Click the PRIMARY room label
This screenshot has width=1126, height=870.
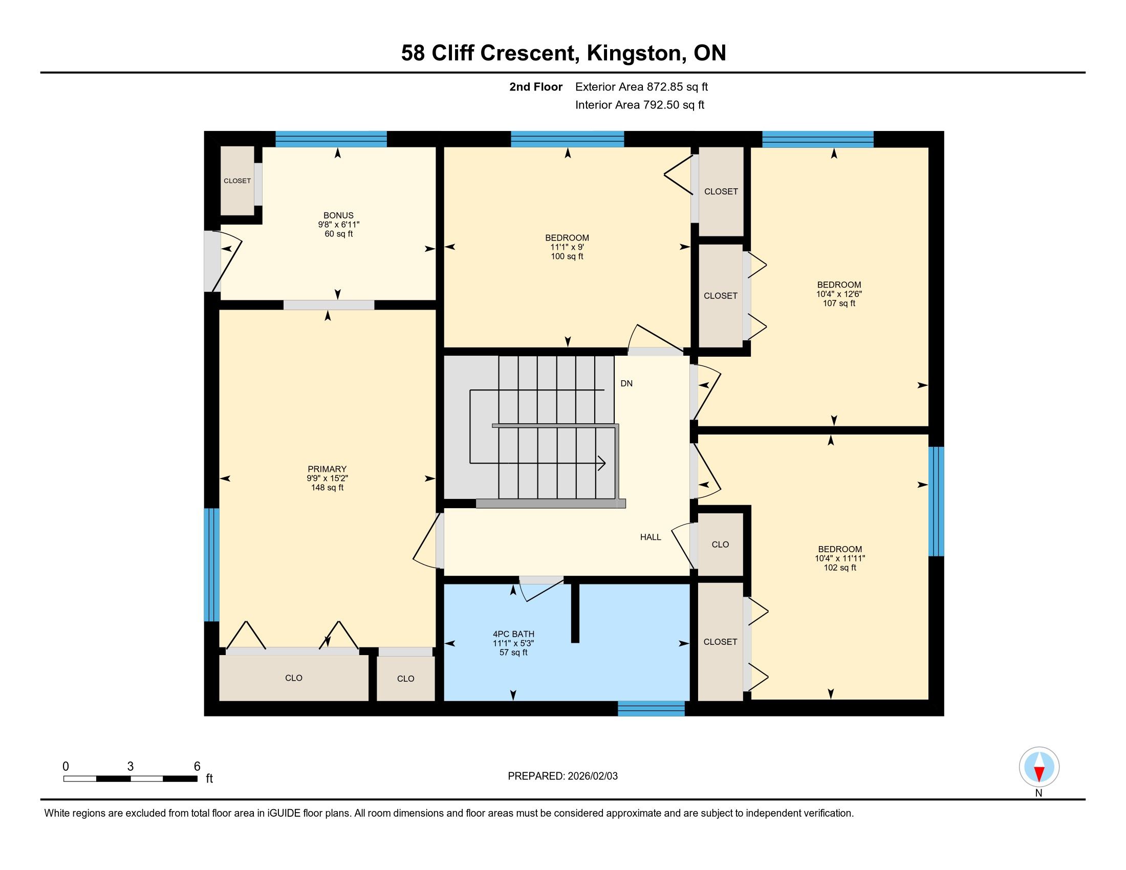tap(327, 469)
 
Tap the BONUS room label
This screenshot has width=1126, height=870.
tap(338, 215)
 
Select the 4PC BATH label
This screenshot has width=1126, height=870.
tap(513, 634)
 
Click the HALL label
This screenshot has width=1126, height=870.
tap(651, 537)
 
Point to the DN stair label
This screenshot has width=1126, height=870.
tap(626, 383)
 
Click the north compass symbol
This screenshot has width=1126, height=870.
tap(1039, 767)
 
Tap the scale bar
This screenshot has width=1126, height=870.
tap(131, 778)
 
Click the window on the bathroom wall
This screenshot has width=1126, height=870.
tap(651, 709)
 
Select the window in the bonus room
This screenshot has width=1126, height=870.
tap(331, 139)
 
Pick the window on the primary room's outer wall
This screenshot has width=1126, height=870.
tap(211, 565)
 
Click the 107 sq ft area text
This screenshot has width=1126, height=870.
tap(839, 303)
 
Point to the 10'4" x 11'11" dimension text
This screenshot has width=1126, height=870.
tap(840, 558)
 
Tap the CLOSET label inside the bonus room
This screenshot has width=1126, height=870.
tap(237, 181)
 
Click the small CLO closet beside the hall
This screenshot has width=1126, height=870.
tap(720, 545)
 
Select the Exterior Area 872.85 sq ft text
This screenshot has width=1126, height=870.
tap(641, 86)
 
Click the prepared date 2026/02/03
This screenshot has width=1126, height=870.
tap(592, 776)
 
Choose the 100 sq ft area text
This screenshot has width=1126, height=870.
tap(567, 257)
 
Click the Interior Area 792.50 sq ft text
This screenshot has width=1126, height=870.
tap(640, 104)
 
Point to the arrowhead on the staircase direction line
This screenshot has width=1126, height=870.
tap(602, 463)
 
